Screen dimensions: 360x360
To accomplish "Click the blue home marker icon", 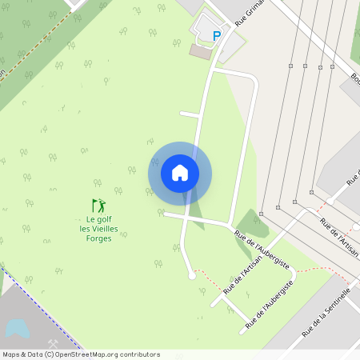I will pyautogui.click(x=180, y=173).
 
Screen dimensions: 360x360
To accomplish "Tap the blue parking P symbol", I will pyautogui.click(x=216, y=35).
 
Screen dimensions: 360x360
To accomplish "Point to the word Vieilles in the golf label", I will pyautogui.click(x=107, y=228).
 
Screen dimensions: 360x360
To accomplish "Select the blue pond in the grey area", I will pyautogui.click(x=17, y=328).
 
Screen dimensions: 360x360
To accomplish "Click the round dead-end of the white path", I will pyautogui.click(x=191, y=276).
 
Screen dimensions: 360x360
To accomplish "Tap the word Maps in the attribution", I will pyautogui.click(x=12, y=354).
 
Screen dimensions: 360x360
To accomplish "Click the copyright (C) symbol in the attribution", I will pyautogui.click(x=50, y=354).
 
